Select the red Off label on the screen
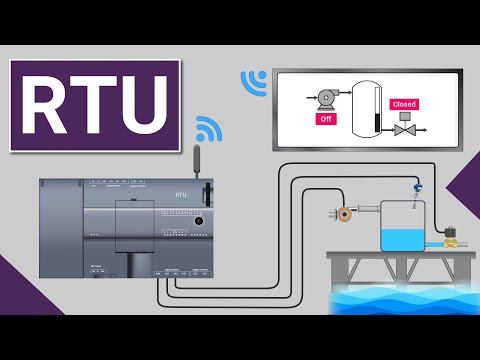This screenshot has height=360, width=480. coord(325,117)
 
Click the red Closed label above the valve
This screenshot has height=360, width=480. coord(404,104)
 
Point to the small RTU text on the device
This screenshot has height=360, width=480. coord(181,195)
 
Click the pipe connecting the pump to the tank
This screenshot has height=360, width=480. coord(365,212)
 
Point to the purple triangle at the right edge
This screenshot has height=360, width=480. coord(462,190)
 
